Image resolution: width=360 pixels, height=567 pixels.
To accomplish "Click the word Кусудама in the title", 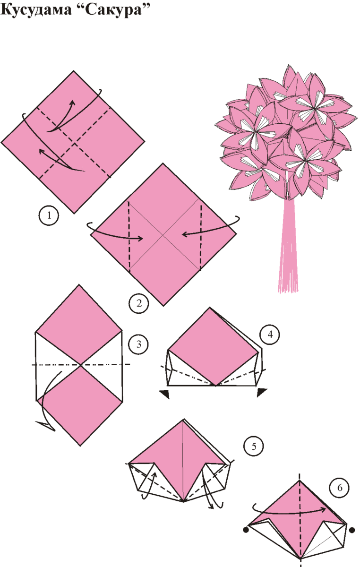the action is point(36,10).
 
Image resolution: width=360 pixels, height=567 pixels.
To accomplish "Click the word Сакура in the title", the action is point(114,10).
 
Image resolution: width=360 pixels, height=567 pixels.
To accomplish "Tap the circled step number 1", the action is point(49,215).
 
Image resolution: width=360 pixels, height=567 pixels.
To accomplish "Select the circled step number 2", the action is point(139,303).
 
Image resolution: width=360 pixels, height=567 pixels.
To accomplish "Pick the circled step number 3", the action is point(138,344).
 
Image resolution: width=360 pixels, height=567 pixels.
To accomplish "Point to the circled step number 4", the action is point(270,335).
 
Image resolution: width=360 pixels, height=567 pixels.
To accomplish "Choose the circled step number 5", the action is point(254,446).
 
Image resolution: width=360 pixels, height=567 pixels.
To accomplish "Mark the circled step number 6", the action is point(340,488).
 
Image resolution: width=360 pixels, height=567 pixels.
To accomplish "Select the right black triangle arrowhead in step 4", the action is point(262,393).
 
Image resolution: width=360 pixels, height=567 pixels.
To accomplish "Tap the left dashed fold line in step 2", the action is point(129,236).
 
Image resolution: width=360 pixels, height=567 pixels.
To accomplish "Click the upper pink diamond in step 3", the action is point(79,325).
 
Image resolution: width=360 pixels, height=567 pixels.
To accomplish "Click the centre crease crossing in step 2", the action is point(163,236).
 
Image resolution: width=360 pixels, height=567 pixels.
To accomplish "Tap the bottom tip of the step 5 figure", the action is point(184,501).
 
